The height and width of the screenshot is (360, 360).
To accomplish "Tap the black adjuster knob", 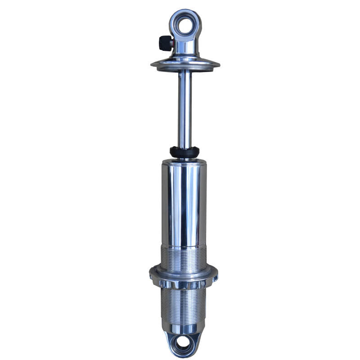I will (164, 43).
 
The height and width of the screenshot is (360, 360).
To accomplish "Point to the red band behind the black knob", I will (172, 44).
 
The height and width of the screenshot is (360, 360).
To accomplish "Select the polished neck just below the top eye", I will (185, 49).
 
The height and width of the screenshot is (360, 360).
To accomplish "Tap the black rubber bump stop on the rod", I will (184, 151).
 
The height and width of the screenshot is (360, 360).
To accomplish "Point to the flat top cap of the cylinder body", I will (184, 161).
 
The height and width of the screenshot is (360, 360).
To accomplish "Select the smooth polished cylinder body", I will (184, 202).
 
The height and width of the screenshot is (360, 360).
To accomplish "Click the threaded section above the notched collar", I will (184, 259).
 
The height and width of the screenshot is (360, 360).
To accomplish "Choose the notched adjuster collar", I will (183, 278).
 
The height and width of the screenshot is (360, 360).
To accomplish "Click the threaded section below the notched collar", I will (183, 306).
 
